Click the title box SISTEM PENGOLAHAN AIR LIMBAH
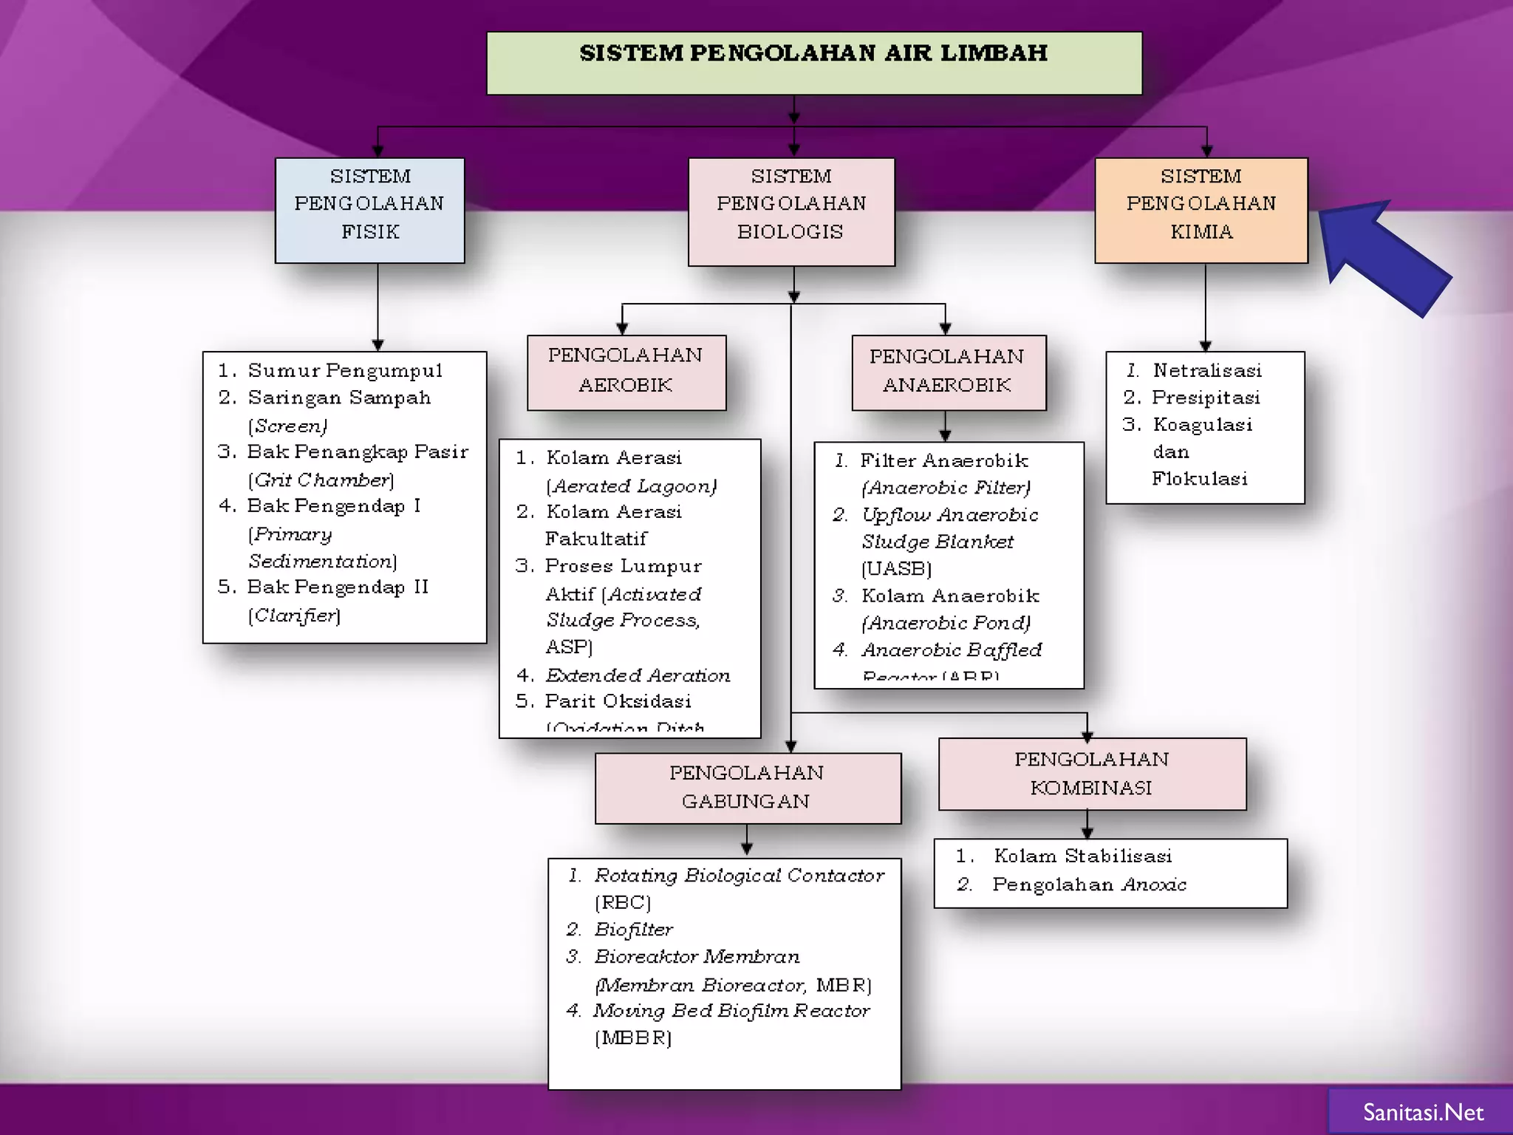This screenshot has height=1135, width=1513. tap(813, 63)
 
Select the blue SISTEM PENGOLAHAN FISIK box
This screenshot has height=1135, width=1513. tap(369, 210)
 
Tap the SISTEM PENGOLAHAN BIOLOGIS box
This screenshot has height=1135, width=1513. tap(790, 211)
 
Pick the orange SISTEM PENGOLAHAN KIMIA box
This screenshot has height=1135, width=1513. tap(1201, 210)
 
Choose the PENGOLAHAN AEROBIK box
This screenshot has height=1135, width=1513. tap(626, 372)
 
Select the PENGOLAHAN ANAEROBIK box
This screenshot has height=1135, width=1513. tap(948, 372)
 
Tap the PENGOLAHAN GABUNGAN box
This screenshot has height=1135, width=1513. tap(747, 788)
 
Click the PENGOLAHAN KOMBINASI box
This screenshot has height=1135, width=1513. tap(1091, 774)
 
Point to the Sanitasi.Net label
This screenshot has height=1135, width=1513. tap(1423, 1112)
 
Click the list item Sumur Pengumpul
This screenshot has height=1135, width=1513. tap(344, 370)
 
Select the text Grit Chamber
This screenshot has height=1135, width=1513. tap(322, 480)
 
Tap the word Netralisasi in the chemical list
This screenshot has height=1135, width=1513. tap(1206, 370)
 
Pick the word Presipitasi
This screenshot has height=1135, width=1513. tap(1205, 398)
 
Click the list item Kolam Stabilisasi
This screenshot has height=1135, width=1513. tap(1082, 856)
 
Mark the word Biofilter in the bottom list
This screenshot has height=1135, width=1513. tap(633, 930)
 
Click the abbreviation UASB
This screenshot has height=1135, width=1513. tap(896, 569)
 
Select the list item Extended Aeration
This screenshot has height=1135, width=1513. tap(638, 675)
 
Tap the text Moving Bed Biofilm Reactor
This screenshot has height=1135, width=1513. tap(731, 1011)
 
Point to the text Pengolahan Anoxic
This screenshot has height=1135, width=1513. tap(1089, 885)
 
